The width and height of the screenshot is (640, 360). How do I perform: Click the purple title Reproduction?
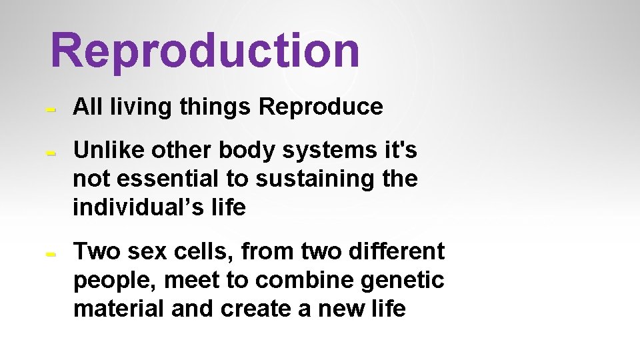pyautogui.click(x=205, y=51)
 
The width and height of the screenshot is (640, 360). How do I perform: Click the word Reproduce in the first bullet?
pyautogui.click(x=321, y=107)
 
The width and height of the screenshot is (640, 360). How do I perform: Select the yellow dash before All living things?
pyautogui.click(x=49, y=108)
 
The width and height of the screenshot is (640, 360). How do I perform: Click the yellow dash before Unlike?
pyautogui.click(x=49, y=153)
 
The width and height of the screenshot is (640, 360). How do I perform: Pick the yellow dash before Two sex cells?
pyautogui.click(x=49, y=254)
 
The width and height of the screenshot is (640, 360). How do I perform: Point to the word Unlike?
pyautogui.click(x=109, y=151)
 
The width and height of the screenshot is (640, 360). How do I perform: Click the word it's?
pyautogui.click(x=401, y=151)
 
